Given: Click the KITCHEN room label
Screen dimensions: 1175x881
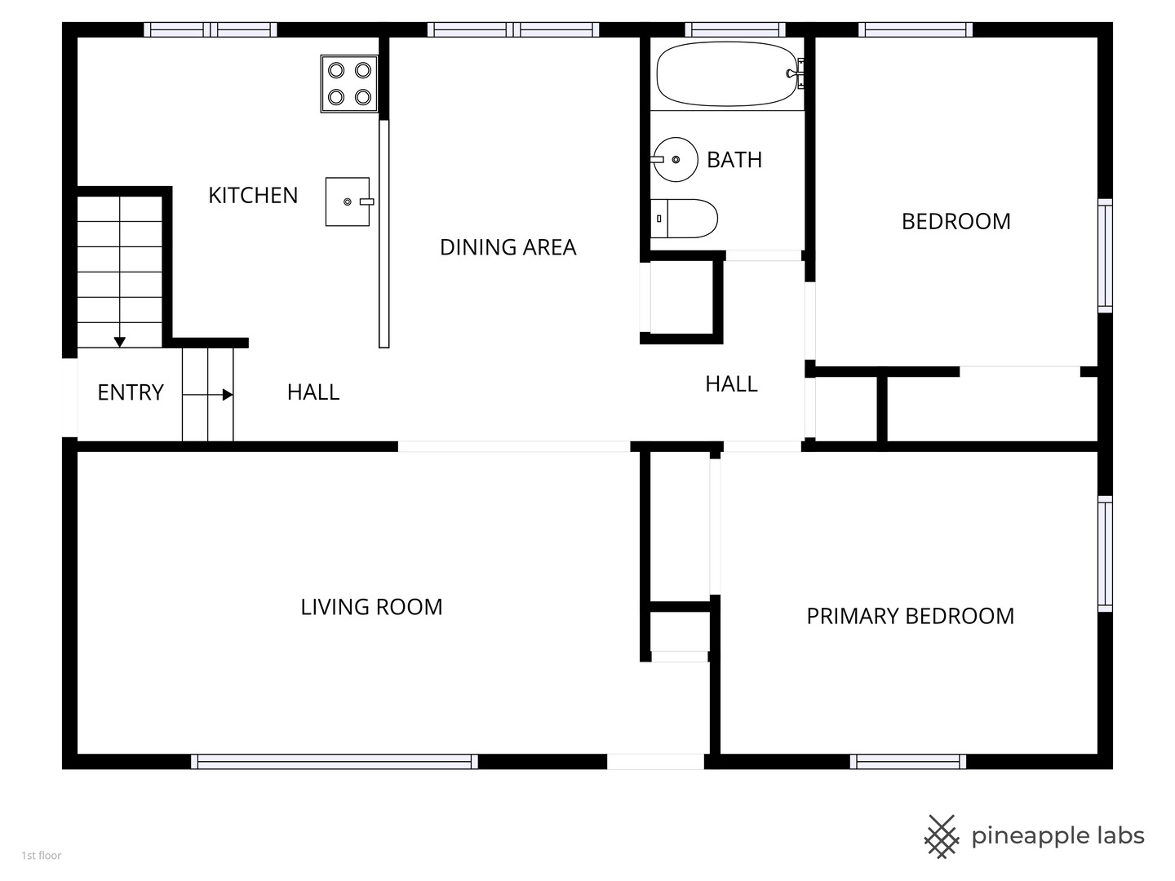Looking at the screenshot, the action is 253,196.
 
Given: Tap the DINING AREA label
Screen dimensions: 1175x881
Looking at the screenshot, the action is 508,248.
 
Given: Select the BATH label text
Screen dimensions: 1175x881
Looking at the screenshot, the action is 734,160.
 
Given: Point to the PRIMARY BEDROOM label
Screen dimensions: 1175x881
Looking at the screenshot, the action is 910,616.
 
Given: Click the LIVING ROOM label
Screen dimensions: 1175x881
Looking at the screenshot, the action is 371,607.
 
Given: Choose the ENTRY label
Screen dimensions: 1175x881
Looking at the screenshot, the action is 131,392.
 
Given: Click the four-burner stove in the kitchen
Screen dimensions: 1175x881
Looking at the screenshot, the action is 349,84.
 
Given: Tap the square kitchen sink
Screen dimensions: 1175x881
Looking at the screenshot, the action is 348,201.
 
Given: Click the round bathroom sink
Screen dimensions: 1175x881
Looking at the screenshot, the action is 675,159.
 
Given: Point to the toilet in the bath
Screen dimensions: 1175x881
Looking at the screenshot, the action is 684,219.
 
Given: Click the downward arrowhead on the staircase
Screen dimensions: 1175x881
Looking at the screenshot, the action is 120,342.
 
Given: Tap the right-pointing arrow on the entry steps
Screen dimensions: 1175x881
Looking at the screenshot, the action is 208,395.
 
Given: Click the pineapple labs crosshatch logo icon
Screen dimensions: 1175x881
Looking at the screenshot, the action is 942,837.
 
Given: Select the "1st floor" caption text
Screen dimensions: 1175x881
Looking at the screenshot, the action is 42,856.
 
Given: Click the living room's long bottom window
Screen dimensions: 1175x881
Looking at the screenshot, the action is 335,762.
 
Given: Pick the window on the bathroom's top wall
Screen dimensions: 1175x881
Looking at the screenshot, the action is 735,29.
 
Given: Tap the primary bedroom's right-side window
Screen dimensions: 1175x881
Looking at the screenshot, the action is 1105,554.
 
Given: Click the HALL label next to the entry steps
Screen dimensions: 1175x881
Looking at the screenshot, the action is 313,392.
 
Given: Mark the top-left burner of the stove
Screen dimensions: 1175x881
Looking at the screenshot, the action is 336,70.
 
